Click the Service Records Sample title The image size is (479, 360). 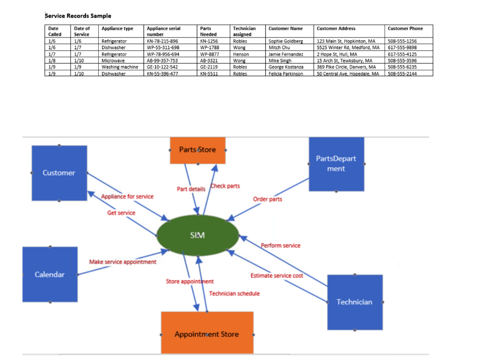click(x=78, y=16)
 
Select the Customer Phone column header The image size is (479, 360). click(x=405, y=29)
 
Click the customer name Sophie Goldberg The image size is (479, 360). click(x=286, y=41)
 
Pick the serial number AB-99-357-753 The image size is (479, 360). click(x=162, y=61)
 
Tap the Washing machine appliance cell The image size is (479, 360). click(x=120, y=67)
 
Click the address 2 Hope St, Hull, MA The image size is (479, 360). click(x=337, y=54)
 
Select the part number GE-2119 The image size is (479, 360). click(x=209, y=67)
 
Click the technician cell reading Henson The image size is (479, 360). click(x=241, y=54)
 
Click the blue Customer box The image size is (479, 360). click(x=59, y=173)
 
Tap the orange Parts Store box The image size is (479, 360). click(x=197, y=150)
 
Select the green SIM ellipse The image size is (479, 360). click(x=197, y=235)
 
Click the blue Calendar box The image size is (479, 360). click(x=50, y=274)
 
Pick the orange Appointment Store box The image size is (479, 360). click(x=207, y=334)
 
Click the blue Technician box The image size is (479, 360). click(x=355, y=302)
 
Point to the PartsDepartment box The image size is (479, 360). click(x=336, y=164)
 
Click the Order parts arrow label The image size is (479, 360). click(x=268, y=199)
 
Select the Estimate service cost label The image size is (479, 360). click(x=276, y=275)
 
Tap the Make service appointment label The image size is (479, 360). click(x=123, y=262)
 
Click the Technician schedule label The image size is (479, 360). click(x=234, y=293)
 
